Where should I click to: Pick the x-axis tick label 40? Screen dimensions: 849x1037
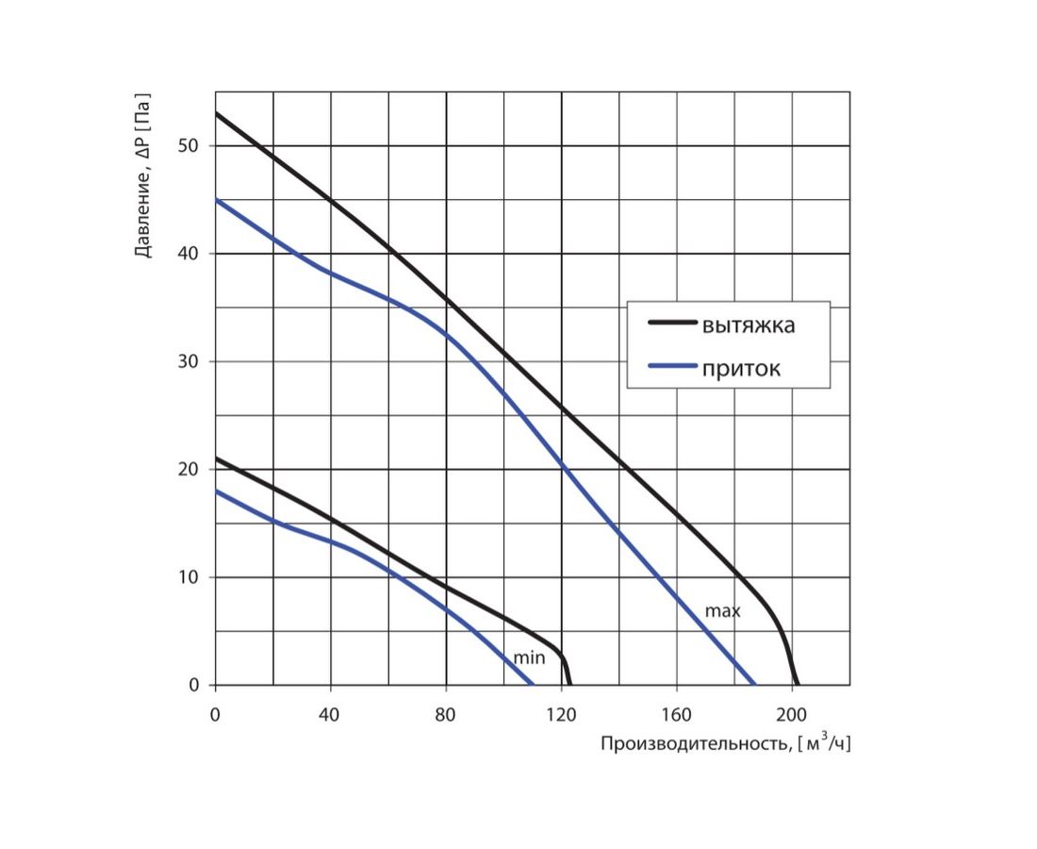click(x=330, y=714)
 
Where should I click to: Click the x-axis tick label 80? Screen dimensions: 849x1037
click(x=446, y=714)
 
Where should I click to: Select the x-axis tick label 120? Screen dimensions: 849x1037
click(x=561, y=714)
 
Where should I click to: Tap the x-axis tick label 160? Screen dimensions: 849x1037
click(x=676, y=714)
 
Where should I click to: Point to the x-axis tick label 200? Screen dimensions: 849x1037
click(x=792, y=714)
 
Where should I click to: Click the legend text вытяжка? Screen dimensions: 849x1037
click(x=748, y=326)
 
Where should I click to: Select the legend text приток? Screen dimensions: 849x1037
click(x=741, y=369)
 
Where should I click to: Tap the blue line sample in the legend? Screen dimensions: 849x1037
click(x=671, y=366)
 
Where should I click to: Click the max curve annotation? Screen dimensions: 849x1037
click(x=723, y=611)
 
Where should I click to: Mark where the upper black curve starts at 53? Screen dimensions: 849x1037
click(x=216, y=113)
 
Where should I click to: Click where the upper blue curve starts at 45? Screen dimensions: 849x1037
click(x=216, y=200)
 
